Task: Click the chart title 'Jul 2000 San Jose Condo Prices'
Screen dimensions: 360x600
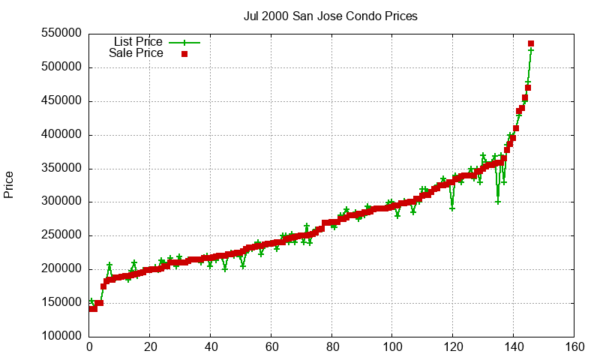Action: click(331, 16)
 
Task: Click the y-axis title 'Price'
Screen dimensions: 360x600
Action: click(9, 184)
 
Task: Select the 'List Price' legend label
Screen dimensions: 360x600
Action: click(138, 42)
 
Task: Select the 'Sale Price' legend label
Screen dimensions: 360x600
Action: click(136, 53)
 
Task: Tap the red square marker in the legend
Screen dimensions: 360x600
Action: click(184, 54)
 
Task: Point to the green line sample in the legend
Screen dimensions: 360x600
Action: click(184, 43)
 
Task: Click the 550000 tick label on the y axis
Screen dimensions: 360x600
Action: click(62, 34)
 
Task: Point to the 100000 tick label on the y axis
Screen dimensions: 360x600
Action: click(62, 337)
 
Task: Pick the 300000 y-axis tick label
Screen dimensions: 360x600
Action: click(62, 202)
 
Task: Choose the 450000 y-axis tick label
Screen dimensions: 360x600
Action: click(62, 101)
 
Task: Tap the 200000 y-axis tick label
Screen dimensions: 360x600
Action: click(62, 269)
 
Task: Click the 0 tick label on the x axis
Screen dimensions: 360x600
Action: click(89, 348)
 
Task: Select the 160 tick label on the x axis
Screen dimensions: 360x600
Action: click(574, 348)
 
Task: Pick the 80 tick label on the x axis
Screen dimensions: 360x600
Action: click(331, 348)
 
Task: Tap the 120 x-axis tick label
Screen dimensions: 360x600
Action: click(453, 348)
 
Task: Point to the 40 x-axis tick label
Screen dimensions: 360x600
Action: click(211, 348)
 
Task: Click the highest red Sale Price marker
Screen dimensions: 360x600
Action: click(531, 43)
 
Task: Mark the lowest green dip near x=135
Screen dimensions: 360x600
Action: click(498, 202)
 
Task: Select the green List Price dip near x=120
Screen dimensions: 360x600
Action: click(452, 208)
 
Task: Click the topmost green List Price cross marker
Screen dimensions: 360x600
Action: click(531, 50)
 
